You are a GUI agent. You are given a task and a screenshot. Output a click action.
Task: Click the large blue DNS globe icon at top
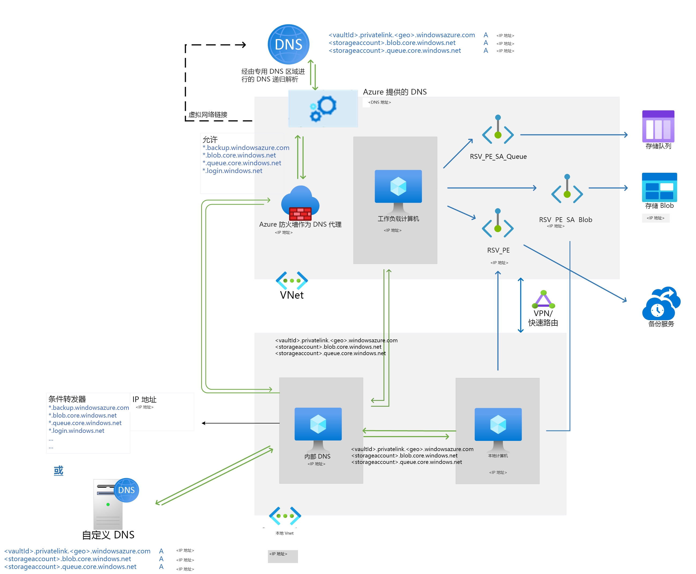point(288,44)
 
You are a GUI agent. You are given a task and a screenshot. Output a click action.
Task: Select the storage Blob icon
point(659,187)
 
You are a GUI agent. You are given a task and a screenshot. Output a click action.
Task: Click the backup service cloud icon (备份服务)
point(661,303)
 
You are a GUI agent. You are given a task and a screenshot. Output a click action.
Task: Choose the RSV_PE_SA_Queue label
point(498,156)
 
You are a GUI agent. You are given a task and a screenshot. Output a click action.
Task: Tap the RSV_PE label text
point(498,250)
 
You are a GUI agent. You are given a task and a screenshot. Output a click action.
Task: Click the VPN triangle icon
point(543,299)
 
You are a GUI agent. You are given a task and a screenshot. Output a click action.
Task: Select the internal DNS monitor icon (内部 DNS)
point(318,428)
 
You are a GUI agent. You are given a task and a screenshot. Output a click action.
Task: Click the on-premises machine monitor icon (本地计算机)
point(498,429)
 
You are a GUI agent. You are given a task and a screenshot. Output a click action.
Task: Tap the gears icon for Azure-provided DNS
point(323,108)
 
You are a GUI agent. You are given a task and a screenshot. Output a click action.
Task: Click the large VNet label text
point(291,295)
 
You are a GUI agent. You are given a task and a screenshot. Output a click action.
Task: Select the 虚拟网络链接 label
point(208,115)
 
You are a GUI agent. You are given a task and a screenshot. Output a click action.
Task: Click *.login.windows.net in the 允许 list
point(233,171)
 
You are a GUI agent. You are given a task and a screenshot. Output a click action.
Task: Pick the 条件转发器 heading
point(67,399)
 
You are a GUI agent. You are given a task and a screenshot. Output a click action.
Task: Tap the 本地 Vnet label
point(284,533)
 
